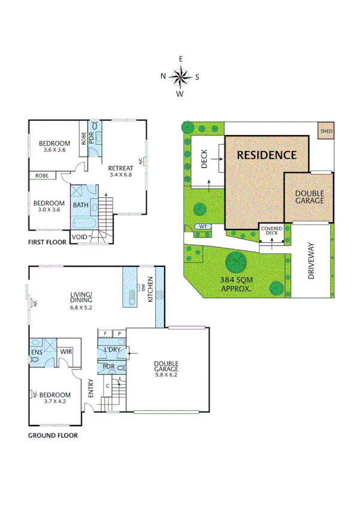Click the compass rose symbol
(180, 76)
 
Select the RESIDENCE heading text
(267, 155)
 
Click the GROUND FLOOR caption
(53, 436)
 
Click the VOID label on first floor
(79, 237)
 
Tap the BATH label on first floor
(80, 205)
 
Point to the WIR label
(66, 353)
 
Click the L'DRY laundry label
(113, 350)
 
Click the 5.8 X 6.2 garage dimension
(166, 375)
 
